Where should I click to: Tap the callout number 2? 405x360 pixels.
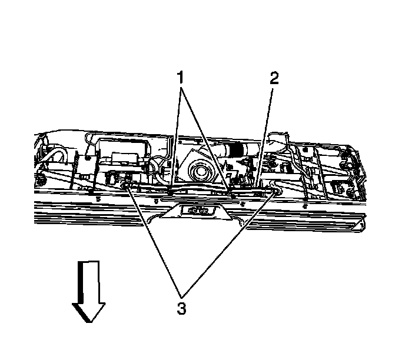274,79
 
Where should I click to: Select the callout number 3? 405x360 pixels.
182,307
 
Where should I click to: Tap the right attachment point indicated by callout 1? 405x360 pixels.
230,189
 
